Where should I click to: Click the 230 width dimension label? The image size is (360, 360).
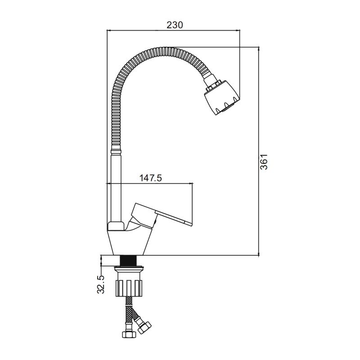[175, 25]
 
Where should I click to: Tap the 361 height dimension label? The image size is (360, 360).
[264, 162]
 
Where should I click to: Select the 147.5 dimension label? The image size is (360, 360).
[151, 178]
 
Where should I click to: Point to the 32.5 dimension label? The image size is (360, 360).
[100, 284]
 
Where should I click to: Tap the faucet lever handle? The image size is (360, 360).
[161, 216]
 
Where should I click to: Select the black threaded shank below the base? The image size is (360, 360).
[128, 261]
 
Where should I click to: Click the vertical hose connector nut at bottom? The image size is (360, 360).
[129, 334]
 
